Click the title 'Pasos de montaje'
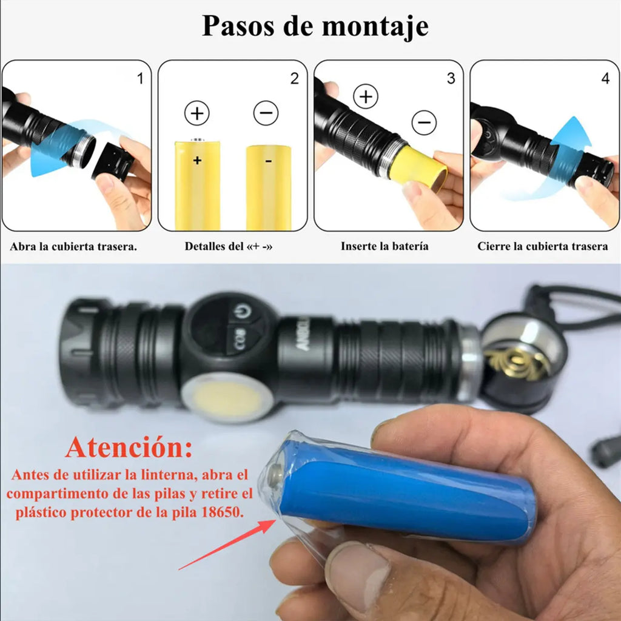pyautogui.click(x=315, y=26)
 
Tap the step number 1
pyautogui.click(x=141, y=79)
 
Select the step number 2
pyautogui.click(x=295, y=79)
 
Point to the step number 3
pyautogui.click(x=451, y=79)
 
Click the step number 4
pyautogui.click(x=605, y=79)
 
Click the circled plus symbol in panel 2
pyautogui.click(x=197, y=113)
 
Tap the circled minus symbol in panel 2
pyautogui.click(x=266, y=113)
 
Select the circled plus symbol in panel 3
pyautogui.click(x=366, y=96)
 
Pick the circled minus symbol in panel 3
pyautogui.click(x=424, y=123)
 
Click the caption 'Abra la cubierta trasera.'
pyautogui.click(x=73, y=247)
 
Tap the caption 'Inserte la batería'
pyautogui.click(x=384, y=246)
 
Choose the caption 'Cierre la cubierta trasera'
pyautogui.click(x=542, y=246)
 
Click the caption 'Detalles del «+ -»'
pyautogui.click(x=229, y=247)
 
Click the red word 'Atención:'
pyautogui.click(x=129, y=448)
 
